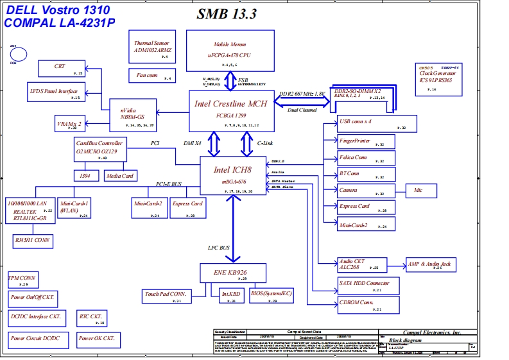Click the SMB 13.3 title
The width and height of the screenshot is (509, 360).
coord(227,15)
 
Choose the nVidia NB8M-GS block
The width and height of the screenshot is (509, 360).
coord(132,114)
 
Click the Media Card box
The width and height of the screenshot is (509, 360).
coord(119,175)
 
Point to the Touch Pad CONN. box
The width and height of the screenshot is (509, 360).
coord(166,296)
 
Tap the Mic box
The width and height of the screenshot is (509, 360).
coord(418,191)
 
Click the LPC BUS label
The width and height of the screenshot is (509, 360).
coord(218,247)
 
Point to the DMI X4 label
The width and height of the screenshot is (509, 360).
coord(193,143)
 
